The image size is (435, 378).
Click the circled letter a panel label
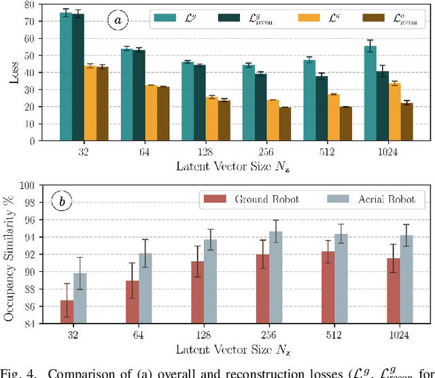(x=118, y=21)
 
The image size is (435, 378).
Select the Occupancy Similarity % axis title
(x=10, y=254)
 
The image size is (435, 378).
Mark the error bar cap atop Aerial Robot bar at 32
(x=80, y=257)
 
